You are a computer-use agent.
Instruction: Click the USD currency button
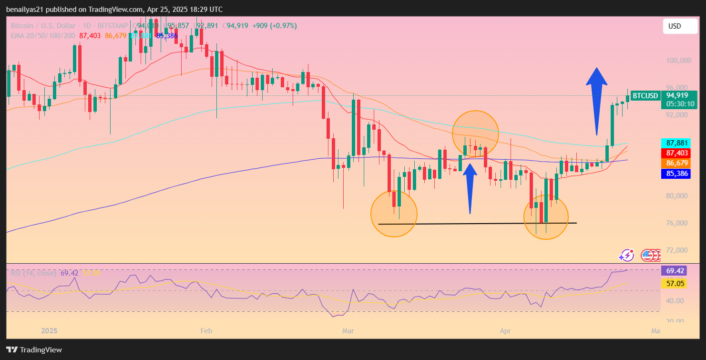[x=680, y=26]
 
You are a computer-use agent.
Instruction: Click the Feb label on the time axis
[x=206, y=330]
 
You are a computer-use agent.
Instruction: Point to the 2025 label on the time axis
[x=50, y=330]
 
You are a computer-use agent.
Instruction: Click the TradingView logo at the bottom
[x=34, y=350]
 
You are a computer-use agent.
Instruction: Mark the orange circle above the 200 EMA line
[x=475, y=134]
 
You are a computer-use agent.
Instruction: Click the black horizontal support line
[x=477, y=224]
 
